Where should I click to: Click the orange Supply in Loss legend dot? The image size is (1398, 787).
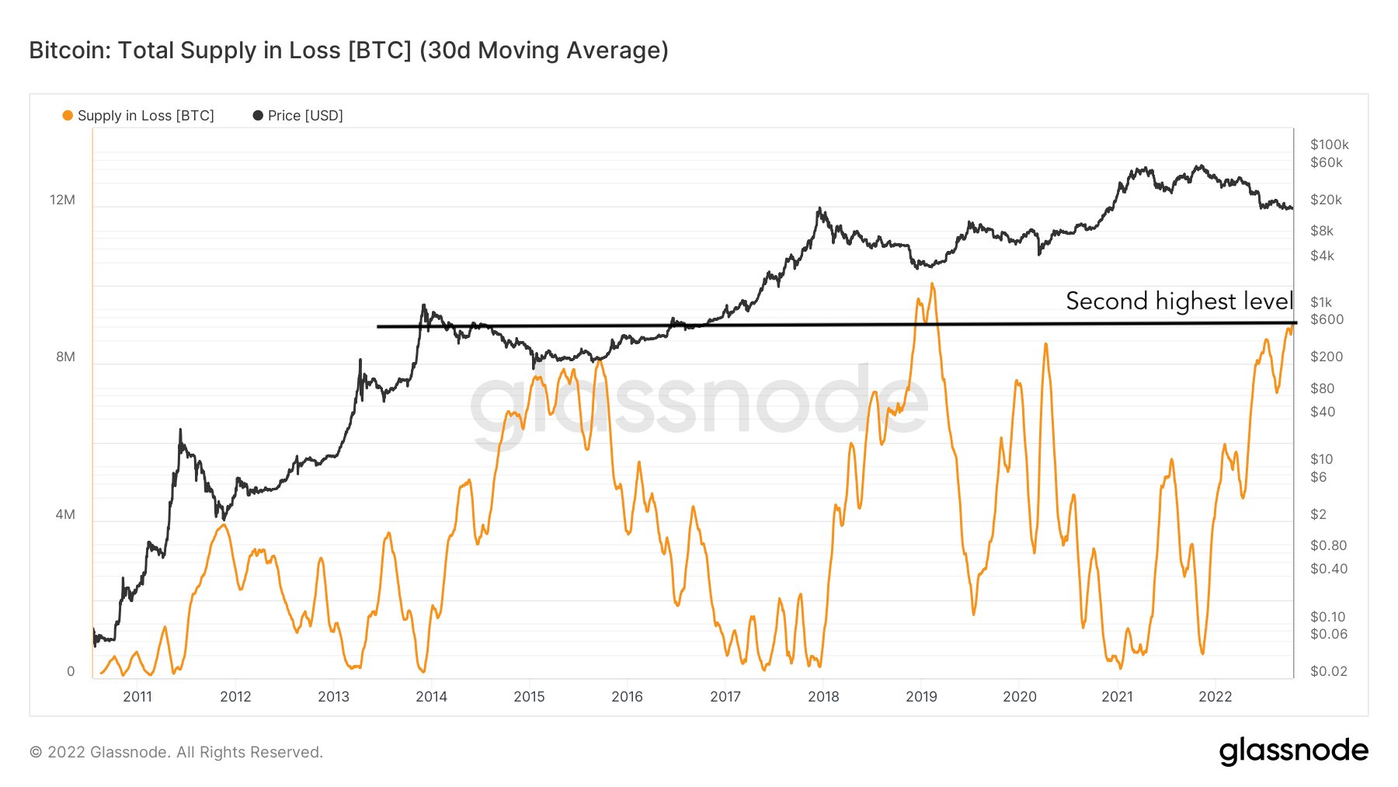pos(68,116)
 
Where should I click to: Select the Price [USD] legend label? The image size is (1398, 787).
pos(304,116)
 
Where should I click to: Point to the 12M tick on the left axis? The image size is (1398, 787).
pos(63,200)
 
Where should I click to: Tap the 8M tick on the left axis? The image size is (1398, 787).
pos(65,357)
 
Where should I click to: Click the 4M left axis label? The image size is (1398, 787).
pos(65,514)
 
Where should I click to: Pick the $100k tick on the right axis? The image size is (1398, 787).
pos(1329,145)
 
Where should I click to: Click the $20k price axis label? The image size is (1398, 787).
pos(1326,200)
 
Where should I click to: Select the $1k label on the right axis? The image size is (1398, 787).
pos(1320,302)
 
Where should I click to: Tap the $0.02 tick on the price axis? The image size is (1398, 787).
pos(1328,671)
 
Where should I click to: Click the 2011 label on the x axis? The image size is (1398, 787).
pos(137,697)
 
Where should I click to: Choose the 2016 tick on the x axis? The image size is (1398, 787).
pos(627,697)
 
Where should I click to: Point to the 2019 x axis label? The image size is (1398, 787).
pos(921,697)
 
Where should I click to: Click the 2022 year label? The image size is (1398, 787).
pos(1215,697)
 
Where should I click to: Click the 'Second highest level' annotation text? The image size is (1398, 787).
pos(1178,301)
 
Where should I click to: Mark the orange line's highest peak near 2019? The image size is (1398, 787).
pos(931,284)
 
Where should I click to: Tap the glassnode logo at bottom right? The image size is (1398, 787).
pos(1293,750)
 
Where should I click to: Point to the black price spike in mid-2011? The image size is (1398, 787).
pos(180,430)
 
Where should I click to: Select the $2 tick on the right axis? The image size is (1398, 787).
pos(1318,514)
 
